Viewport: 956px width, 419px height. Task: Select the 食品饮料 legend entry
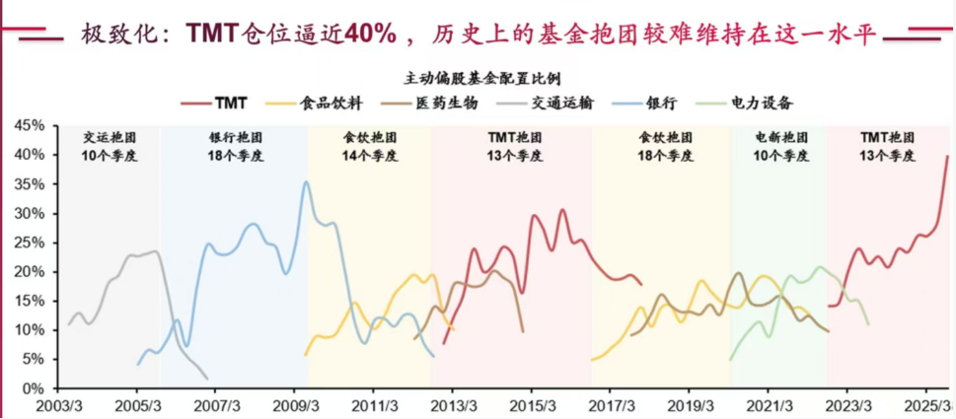coord(331,103)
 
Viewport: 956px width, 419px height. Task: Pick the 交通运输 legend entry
coord(558,103)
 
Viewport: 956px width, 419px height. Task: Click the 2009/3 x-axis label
coord(295,406)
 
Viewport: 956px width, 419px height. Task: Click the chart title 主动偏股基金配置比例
coord(478,77)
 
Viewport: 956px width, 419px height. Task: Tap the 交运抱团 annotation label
coord(102,138)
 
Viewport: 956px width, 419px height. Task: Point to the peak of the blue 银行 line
coord(306,181)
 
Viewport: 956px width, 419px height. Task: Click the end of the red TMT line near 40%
coord(947,156)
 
